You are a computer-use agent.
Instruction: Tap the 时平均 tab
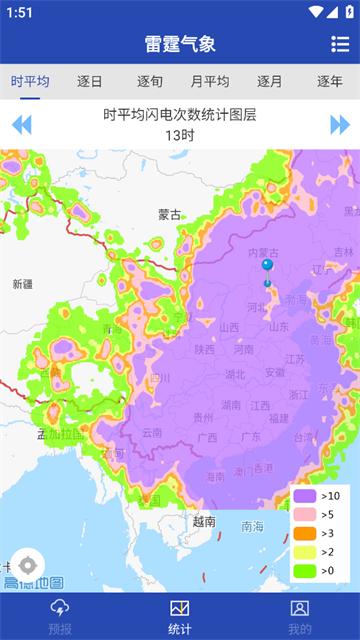coord(30,82)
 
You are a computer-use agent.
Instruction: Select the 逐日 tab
coord(90,82)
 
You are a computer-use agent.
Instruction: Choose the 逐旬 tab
coord(150,82)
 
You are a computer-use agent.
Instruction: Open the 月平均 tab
coord(209,82)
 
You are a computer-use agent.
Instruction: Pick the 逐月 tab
coord(270,82)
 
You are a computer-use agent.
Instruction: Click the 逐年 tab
coord(330,82)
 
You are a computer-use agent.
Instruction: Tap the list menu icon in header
coord(340,44)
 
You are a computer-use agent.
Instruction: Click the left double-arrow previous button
coord(21,125)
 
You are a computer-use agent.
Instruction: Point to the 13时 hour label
coord(180,135)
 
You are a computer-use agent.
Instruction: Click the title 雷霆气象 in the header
coord(180,44)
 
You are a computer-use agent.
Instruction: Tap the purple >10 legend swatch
coord(305,496)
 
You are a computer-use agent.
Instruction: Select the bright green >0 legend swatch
coord(305,571)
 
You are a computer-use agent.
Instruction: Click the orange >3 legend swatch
coord(305,533)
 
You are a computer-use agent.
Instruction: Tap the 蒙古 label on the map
coord(170,214)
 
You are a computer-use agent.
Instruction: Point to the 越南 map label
coord(204,521)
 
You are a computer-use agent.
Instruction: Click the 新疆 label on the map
coord(22,284)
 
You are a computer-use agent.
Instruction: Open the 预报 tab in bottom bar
coord(60,616)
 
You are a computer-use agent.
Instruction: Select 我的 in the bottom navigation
coord(300,616)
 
